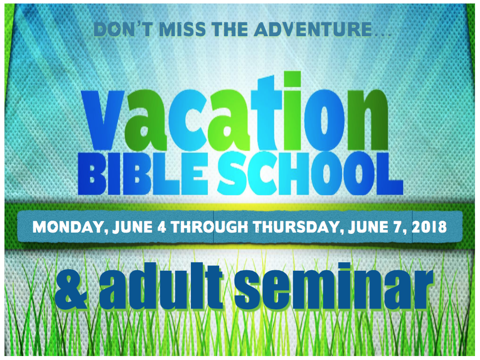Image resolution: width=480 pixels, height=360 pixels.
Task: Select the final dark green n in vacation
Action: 368,120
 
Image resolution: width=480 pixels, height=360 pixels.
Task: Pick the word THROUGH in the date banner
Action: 209,227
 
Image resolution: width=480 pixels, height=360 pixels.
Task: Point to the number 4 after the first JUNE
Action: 161,227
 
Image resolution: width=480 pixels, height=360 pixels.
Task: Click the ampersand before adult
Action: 71,290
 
